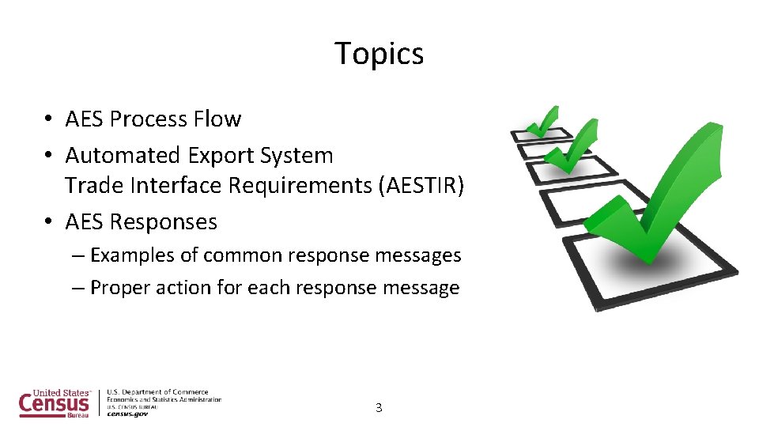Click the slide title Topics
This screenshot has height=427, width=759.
pyautogui.click(x=379, y=54)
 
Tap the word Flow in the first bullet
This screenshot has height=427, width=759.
pyautogui.click(x=217, y=119)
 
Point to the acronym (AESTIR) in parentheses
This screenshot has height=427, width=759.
pyautogui.click(x=421, y=185)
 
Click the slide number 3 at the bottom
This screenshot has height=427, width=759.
pyautogui.click(x=379, y=408)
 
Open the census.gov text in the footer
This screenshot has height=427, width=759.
pyautogui.click(x=127, y=414)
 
